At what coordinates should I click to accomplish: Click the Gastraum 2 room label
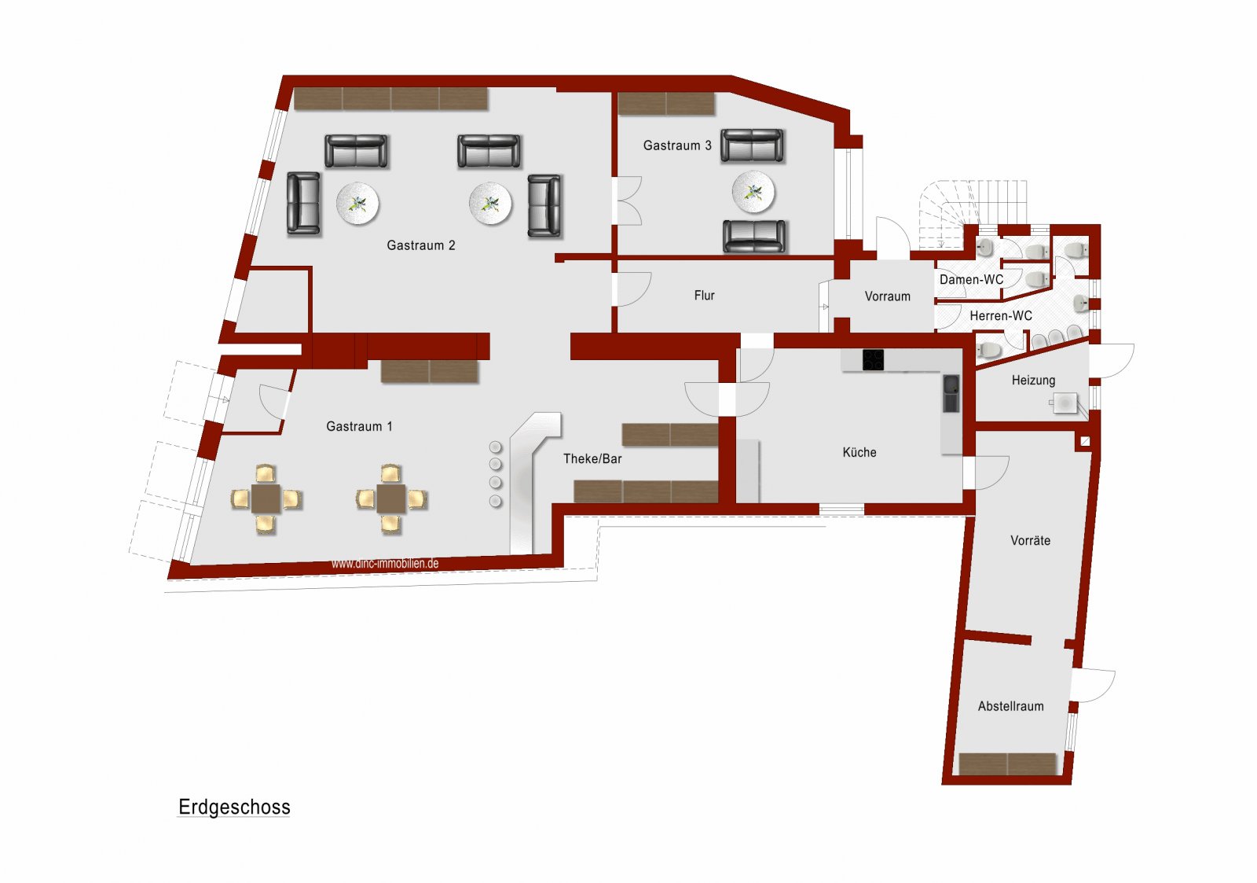tap(421, 245)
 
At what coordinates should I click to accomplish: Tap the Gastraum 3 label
tap(677, 145)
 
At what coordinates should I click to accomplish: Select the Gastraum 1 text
tap(359, 426)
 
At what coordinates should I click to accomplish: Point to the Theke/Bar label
tap(592, 459)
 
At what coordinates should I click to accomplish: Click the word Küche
tap(859, 452)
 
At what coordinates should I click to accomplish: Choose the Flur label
tap(704, 296)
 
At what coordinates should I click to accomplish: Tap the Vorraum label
tap(887, 296)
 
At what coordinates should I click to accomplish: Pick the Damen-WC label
tap(971, 280)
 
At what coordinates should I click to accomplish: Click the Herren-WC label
tap(1001, 316)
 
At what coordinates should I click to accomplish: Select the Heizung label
tap(1033, 381)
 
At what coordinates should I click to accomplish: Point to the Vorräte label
tap(1030, 540)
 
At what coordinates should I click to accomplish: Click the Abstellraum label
tap(1010, 706)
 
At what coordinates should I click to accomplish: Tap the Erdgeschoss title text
tap(234, 808)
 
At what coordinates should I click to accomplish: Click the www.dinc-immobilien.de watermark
tap(385, 564)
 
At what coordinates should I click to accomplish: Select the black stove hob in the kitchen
tap(873, 359)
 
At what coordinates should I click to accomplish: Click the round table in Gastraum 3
tap(753, 192)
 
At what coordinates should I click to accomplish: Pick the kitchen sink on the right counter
tap(951, 393)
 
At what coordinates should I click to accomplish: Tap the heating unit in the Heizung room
tap(1064, 403)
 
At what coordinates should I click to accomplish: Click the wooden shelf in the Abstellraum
tap(1008, 764)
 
